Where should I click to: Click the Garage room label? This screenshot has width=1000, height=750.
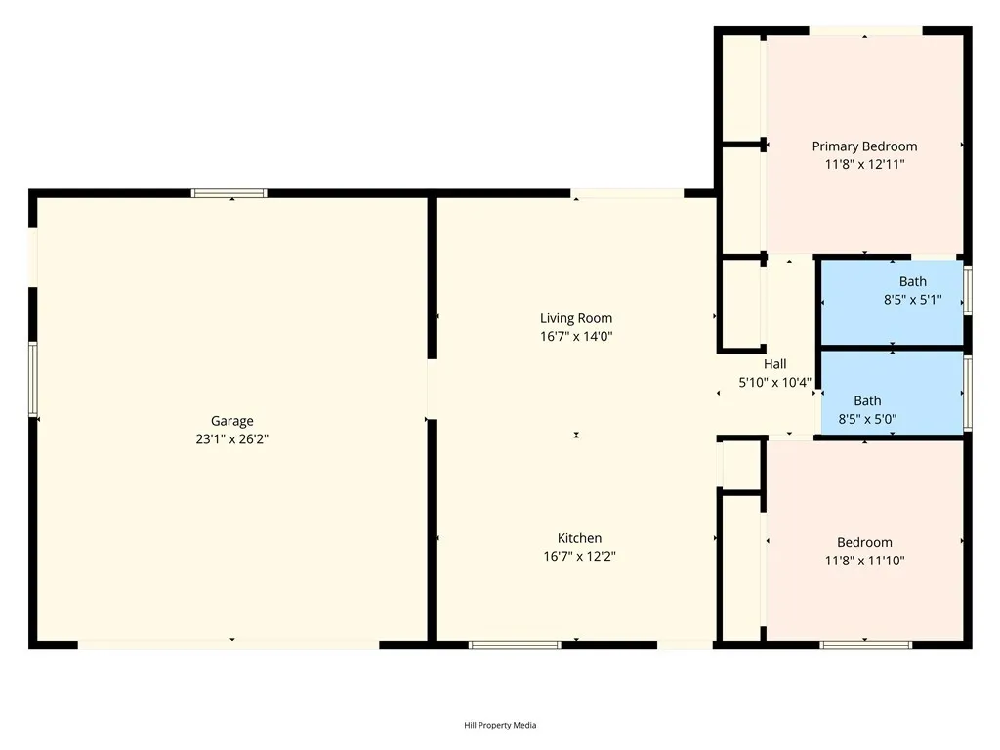[232, 421]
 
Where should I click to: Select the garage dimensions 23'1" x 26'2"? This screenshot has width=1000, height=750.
[232, 439]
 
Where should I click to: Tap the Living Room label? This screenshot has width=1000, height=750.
[576, 318]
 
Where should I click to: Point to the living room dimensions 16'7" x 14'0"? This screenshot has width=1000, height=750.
[576, 336]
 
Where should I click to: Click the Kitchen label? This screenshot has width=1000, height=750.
[579, 538]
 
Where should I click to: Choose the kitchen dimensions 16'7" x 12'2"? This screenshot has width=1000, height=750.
[579, 556]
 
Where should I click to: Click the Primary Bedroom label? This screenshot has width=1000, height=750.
[864, 146]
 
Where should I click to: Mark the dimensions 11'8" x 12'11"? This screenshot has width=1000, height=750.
[864, 165]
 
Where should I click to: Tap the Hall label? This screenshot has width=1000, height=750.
[774, 364]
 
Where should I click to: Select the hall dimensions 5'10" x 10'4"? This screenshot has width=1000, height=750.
[774, 383]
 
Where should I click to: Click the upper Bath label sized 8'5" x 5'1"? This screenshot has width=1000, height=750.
[913, 282]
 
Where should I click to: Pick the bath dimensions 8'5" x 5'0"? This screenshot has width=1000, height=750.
[867, 419]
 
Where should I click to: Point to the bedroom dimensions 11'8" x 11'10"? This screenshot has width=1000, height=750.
[864, 561]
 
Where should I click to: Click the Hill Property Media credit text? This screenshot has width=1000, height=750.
[500, 725]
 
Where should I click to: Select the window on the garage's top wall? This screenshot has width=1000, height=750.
[229, 193]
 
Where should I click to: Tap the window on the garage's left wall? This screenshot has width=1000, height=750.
[32, 380]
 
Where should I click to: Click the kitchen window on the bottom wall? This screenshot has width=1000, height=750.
[515, 645]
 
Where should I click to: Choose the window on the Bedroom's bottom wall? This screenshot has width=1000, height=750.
[865, 645]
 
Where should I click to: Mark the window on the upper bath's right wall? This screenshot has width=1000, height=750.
[968, 291]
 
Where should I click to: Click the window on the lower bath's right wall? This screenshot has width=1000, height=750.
[968, 393]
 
